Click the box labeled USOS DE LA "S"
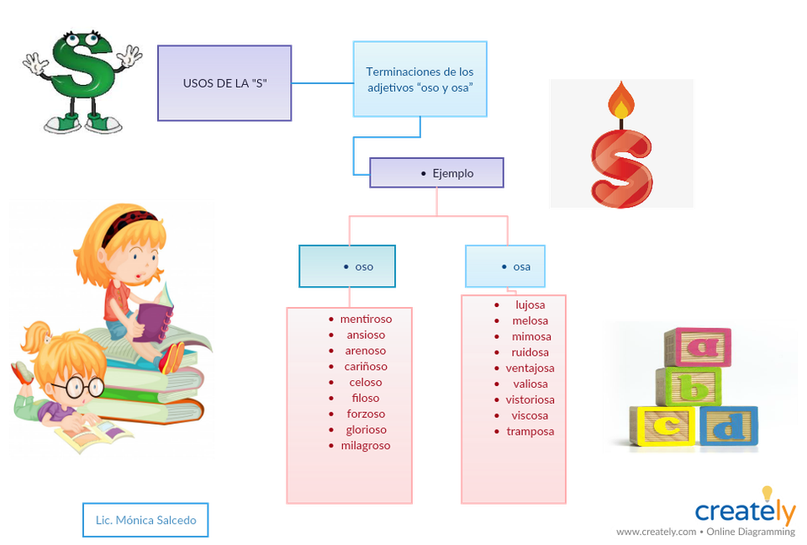click(224, 83)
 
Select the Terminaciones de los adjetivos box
click(419, 79)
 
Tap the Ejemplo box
click(436, 173)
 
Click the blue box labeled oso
click(347, 267)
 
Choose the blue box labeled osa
click(505, 267)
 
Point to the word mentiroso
click(366, 319)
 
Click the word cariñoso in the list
click(366, 367)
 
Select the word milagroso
click(366, 446)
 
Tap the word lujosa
click(530, 304)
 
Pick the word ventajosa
click(530, 368)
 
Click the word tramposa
click(530, 431)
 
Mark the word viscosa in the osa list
click(530, 415)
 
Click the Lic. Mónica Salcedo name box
click(145, 520)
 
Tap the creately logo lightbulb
click(767, 494)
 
